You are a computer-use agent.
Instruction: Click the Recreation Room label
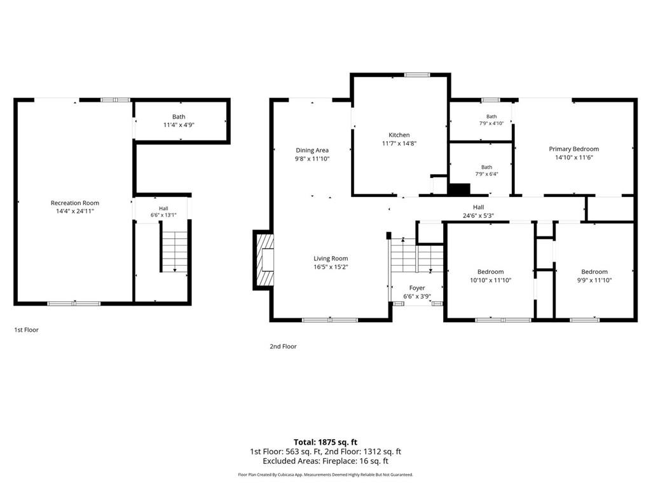tap(75, 203)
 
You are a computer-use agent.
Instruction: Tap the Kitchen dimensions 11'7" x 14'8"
tap(399, 144)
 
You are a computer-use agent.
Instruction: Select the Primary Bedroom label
tap(574, 149)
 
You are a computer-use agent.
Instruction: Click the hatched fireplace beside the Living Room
tap(264, 260)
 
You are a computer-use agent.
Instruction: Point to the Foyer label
tap(417, 288)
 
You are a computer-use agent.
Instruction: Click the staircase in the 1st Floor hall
tap(174, 251)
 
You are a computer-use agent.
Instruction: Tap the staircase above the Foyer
tap(416, 255)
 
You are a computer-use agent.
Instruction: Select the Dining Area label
tap(312, 150)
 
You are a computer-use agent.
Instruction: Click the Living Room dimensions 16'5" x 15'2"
tap(331, 267)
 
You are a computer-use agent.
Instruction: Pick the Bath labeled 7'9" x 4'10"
tap(491, 120)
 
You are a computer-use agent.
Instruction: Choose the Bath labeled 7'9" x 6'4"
tap(486, 170)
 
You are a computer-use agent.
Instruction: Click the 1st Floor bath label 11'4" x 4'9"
tap(179, 125)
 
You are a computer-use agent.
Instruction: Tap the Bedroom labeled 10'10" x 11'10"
tap(490, 276)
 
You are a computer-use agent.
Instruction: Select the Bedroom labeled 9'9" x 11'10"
tap(594, 276)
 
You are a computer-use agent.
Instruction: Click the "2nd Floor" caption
tap(283, 346)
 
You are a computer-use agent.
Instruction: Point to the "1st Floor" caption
tap(26, 330)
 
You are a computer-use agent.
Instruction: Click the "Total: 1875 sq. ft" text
tap(325, 442)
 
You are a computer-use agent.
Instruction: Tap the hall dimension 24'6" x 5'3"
tap(478, 216)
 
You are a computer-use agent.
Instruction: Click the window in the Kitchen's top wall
tap(417, 75)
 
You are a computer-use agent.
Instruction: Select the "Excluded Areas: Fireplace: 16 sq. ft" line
tap(325, 461)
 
